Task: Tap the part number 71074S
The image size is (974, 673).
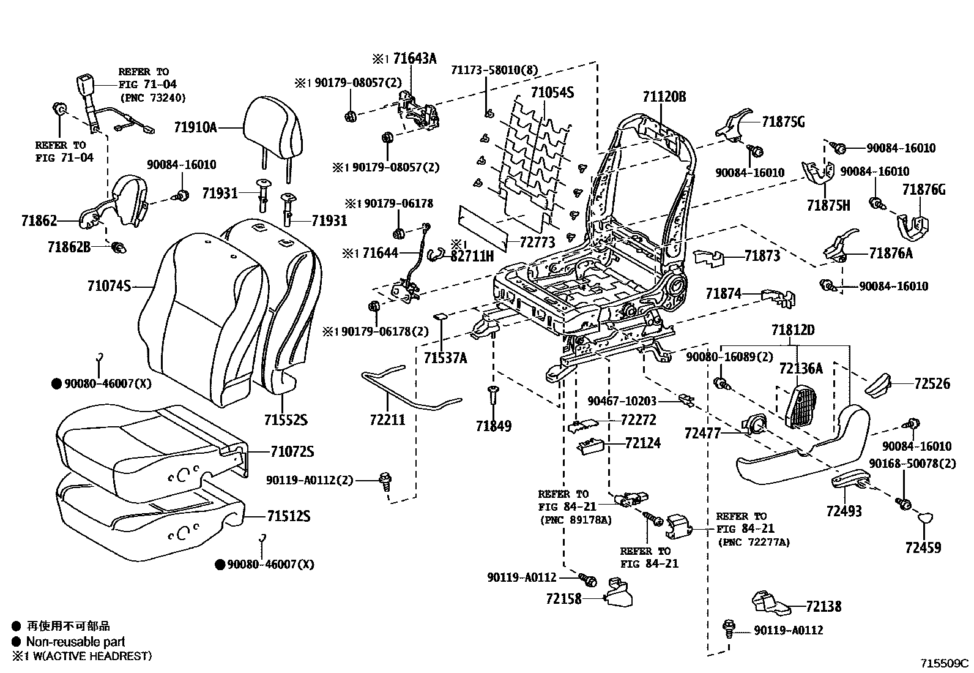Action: [110, 286]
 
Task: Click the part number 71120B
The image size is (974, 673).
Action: [664, 97]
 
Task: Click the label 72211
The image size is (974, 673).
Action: [387, 420]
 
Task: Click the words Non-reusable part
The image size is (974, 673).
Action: [75, 642]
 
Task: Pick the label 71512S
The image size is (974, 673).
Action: [288, 516]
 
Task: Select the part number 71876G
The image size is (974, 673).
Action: [923, 190]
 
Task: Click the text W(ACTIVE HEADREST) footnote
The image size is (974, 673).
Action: [89, 656]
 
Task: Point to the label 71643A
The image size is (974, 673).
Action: [415, 59]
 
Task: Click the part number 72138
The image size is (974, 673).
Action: [823, 606]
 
